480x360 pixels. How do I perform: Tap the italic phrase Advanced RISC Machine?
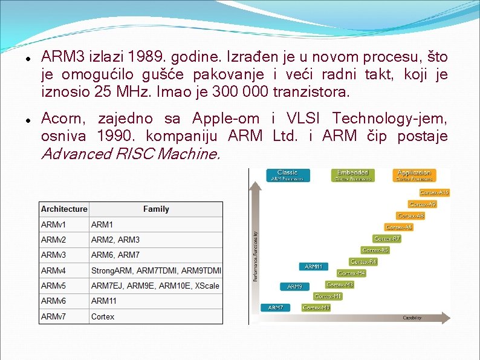coord(131,154)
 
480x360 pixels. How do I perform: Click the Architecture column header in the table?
coord(64,209)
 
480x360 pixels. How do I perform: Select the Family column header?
coord(156,209)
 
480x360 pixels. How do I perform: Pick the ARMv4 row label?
coord(54,270)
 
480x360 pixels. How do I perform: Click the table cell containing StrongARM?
coord(156,270)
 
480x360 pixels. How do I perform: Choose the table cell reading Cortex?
coord(103,316)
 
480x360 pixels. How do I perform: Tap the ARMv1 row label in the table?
coord(54,224)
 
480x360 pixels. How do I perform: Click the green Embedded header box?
coord(352,175)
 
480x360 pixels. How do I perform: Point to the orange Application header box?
coord(414,175)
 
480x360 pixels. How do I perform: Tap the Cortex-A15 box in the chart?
coord(434,192)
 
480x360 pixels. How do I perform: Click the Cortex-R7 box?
coord(387,239)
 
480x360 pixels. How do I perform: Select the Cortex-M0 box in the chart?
coord(316,308)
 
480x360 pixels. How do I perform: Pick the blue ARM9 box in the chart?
coord(294,287)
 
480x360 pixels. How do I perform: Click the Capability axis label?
coord(412,318)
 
